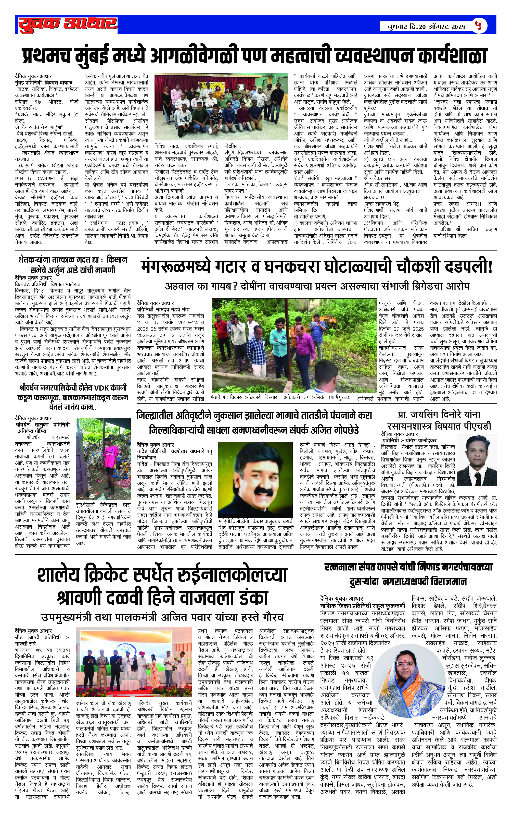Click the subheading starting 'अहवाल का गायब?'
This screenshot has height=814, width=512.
tap(317, 286)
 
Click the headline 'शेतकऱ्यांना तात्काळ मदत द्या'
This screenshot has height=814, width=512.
tap(59, 260)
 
